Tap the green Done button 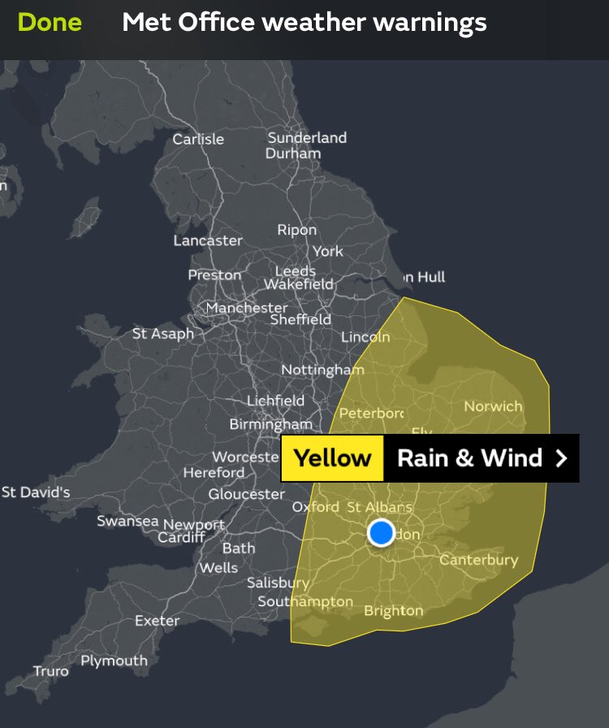50,22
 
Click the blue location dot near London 381,533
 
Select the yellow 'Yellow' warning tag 332,458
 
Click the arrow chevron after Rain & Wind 561,458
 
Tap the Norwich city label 493,406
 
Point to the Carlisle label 198,139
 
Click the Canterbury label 478,560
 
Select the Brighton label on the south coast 394,610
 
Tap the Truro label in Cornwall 51,671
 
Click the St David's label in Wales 36,492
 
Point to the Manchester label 246,308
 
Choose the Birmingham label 270,424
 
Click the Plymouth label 114,661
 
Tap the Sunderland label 307,138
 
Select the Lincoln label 365,337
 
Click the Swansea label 127,521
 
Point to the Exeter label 157,621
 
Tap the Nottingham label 322,370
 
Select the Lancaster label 208,240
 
